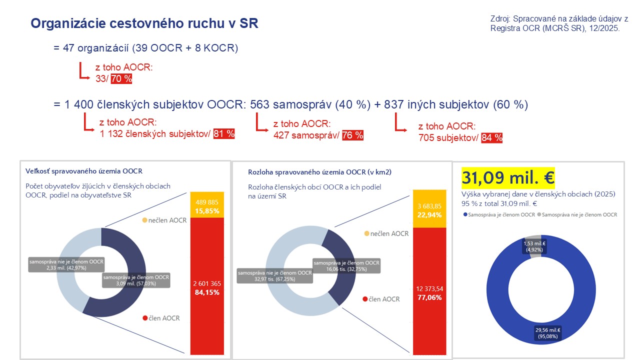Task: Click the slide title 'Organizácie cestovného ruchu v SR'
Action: tap(144, 23)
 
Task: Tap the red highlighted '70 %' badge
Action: tap(121, 78)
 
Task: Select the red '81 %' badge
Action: tap(224, 133)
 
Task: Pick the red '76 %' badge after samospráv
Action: tap(352, 135)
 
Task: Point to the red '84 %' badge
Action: tap(491, 138)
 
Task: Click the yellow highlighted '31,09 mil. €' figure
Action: tap(508, 177)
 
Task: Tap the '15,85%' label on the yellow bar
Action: tap(207, 211)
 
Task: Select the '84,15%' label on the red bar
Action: tap(207, 292)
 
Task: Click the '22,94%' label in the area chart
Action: tap(429, 215)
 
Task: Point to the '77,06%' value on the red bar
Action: tap(429, 297)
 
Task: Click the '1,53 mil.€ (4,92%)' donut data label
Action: tap(534, 246)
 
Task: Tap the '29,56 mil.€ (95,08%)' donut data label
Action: tap(547, 333)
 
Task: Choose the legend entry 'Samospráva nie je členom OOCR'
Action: tap(577, 214)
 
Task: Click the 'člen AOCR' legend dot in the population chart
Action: tap(145, 318)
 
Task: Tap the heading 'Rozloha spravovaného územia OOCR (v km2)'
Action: tap(319, 172)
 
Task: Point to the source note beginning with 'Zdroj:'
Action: tap(559, 23)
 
